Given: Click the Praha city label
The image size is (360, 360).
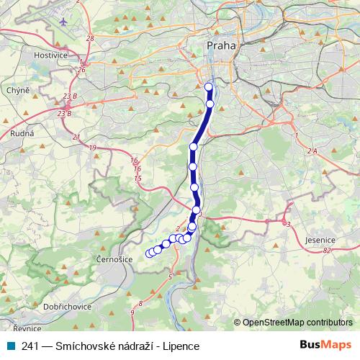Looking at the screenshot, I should point(220,46).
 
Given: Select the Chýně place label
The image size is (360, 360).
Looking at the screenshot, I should point(18,90).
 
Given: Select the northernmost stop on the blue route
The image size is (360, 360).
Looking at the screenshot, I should point(209,87).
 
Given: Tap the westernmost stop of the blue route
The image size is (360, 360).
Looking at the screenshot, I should point(150,253).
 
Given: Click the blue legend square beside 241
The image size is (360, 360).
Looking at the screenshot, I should point(8,346).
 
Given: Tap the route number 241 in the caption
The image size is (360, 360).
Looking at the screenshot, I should point(33,346).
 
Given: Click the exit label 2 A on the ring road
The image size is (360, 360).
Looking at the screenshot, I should point(311,150).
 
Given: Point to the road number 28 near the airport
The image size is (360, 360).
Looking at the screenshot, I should point(90,38).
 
